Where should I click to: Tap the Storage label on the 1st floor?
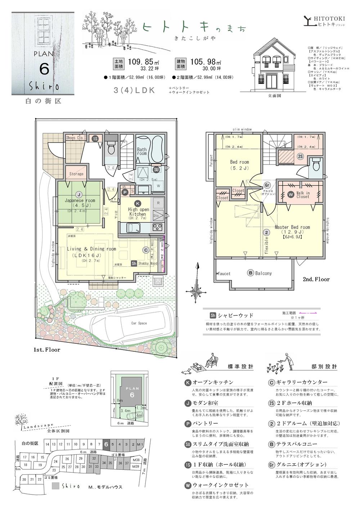coord(76,174)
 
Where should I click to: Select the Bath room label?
coord(142,152)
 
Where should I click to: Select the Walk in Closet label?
coord(302,195)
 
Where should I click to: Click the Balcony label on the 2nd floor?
coord(262,273)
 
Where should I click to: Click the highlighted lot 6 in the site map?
coord(106,444)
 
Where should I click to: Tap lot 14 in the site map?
coord(47,445)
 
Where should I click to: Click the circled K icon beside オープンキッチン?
coord(187,382)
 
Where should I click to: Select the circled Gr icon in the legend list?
coord(271,464)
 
